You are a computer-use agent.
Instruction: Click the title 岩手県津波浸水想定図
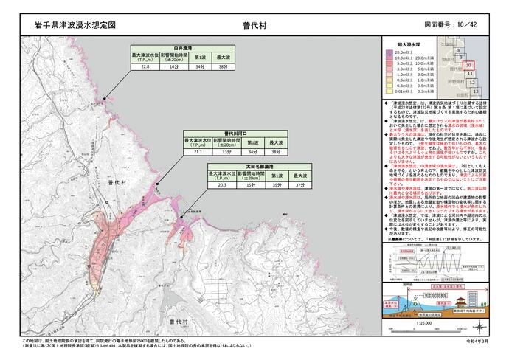coord(75,24)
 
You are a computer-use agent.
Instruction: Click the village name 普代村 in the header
coord(254,24)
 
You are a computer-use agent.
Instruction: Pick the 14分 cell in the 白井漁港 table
coord(174,67)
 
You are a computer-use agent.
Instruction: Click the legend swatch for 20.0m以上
coord(388,52)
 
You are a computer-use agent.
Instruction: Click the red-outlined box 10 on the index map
coord(468,66)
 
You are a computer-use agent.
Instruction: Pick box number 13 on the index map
coord(477,91)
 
